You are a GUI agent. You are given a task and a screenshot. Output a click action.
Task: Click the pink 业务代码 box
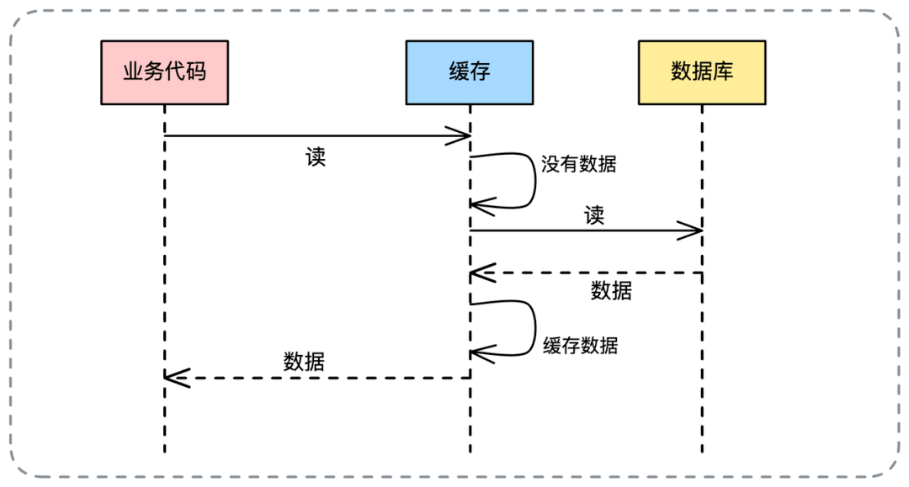coord(165,72)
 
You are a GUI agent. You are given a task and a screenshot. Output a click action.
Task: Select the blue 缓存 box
coord(470,72)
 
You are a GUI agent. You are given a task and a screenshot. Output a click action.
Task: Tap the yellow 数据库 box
coord(702,72)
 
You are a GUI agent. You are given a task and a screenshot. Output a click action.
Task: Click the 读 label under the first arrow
coord(316,157)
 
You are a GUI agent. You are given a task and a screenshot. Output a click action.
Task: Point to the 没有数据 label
coord(579,164)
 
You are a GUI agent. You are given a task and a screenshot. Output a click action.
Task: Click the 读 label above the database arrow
coord(594,215)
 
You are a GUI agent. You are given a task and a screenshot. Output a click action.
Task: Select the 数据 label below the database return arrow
coord(611,291)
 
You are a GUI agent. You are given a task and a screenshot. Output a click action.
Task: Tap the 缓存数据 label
coord(580,345)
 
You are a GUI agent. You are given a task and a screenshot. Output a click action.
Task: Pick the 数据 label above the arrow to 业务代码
coord(304,362)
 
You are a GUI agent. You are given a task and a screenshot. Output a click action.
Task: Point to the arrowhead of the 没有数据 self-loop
coord(476,204)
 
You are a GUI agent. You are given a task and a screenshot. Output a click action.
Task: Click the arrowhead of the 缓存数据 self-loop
coord(476,352)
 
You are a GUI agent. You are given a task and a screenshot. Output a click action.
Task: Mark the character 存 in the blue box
coord(481,72)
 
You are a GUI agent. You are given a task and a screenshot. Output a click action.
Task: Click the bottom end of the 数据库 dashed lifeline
coord(702,452)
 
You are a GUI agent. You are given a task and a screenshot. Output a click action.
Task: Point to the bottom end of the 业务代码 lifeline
coord(165,452)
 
